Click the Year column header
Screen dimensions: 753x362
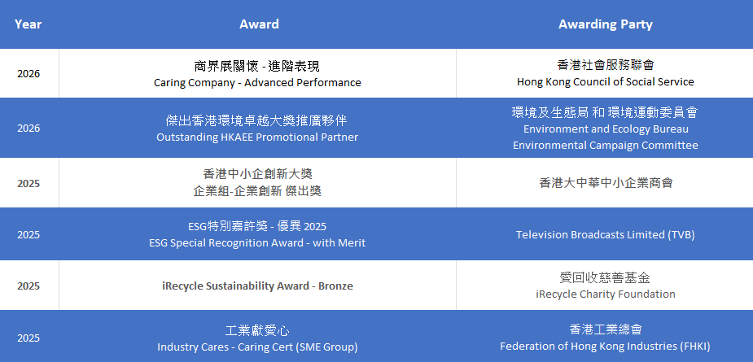click(x=28, y=24)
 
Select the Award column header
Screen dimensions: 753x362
click(x=259, y=24)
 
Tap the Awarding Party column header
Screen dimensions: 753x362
click(x=605, y=24)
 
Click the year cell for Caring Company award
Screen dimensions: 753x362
click(x=28, y=74)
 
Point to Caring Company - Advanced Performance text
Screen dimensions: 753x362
click(x=257, y=83)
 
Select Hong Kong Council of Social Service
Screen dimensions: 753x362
click(x=605, y=82)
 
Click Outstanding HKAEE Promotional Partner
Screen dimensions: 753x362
click(x=257, y=137)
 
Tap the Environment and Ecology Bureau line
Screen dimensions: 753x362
click(x=606, y=129)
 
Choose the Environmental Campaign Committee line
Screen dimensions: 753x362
click(x=605, y=145)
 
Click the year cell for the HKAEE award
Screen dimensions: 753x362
click(x=28, y=129)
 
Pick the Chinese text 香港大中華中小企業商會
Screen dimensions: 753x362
click(x=606, y=183)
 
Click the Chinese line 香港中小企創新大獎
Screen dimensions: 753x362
click(x=257, y=174)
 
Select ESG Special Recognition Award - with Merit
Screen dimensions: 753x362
click(x=257, y=243)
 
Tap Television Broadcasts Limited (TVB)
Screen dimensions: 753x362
click(x=605, y=235)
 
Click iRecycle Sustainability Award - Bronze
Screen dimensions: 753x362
click(x=257, y=286)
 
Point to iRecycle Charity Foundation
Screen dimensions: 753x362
click(x=605, y=294)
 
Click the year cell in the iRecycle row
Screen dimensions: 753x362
click(x=28, y=286)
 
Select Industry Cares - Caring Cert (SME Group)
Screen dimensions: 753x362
click(x=257, y=347)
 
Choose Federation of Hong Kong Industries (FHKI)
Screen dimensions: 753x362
click(x=605, y=347)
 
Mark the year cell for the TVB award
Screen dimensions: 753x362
click(x=28, y=235)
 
